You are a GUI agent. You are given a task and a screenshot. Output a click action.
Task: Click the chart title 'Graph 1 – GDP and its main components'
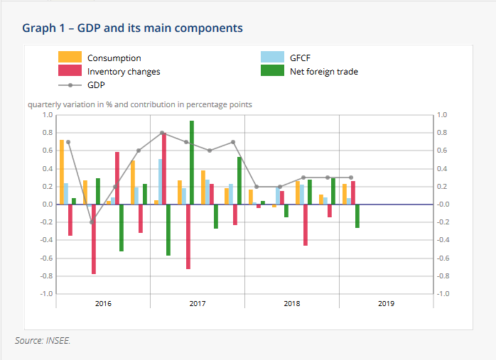[132, 28]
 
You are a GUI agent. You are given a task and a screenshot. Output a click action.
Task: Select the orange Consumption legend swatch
[70, 58]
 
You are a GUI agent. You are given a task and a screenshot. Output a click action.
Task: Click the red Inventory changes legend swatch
[70, 71]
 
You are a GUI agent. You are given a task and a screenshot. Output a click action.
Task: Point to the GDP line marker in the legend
[70, 84]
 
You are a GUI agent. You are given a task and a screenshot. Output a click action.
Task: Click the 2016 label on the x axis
[103, 304]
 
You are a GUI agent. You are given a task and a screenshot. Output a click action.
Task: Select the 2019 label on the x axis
[386, 304]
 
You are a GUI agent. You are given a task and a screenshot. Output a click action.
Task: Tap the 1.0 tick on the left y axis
[48, 114]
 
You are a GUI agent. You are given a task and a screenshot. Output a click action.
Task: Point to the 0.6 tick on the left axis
[48, 151]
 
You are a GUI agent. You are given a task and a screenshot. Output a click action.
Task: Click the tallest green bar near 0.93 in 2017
[192, 163]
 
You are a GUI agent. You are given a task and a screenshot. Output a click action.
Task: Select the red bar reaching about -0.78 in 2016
[94, 239]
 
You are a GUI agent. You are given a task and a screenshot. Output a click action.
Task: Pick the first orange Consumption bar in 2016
[62, 172]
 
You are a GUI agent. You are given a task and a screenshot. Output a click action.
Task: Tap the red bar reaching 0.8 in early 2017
[164, 168]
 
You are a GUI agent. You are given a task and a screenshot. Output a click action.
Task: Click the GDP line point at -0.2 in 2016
[92, 222]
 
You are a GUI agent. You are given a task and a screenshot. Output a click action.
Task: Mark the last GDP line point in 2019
[350, 178]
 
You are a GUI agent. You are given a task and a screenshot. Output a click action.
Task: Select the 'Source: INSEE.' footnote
[43, 341]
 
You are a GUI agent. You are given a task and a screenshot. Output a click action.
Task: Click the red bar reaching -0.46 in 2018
[306, 225]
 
